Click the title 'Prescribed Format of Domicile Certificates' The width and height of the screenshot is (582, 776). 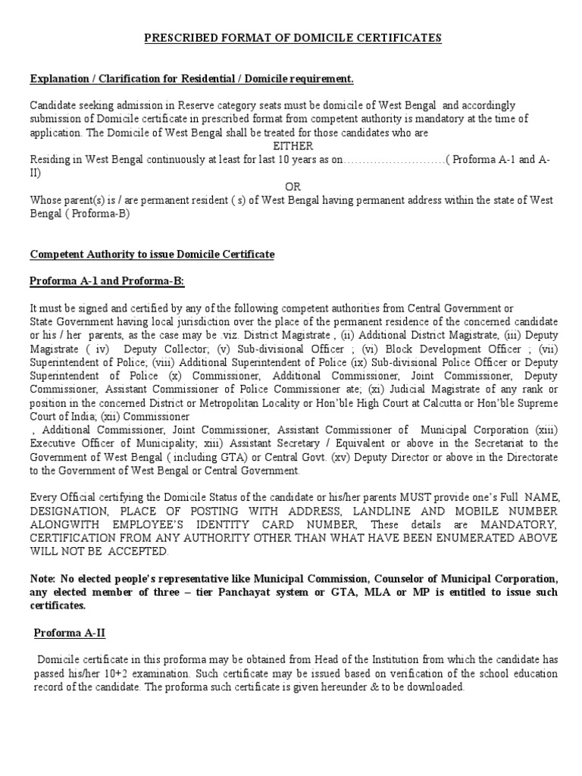(x=293, y=38)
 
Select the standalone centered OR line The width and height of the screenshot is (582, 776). (x=293, y=186)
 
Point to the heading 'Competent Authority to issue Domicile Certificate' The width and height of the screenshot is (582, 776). (x=152, y=255)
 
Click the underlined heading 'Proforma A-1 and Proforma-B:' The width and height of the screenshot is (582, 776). (x=107, y=282)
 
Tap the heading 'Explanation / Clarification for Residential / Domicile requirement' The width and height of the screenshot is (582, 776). (x=192, y=79)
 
